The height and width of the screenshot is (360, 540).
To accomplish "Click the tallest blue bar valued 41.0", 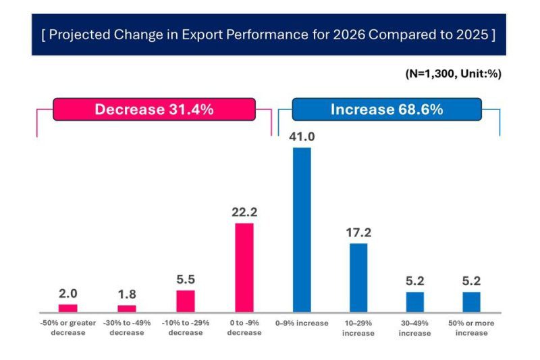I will coord(302,230).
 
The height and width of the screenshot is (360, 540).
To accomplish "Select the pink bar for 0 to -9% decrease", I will coord(244,267).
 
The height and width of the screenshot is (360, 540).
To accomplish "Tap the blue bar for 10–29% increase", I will coord(358,278).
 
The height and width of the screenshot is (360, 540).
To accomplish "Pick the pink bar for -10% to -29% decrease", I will coord(186,301).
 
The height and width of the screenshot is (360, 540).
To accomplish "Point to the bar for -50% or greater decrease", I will coord(68,308).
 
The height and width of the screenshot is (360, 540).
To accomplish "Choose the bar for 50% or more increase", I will coord(471,302).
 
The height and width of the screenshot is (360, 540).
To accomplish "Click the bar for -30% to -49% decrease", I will coord(127,309).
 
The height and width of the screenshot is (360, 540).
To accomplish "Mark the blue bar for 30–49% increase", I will coord(414,302).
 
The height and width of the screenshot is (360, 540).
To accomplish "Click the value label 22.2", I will coord(244,212).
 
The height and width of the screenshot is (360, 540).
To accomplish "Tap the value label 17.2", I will coord(358,232).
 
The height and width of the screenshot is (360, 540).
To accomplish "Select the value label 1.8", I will coord(127,294).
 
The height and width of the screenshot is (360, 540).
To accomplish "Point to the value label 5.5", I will coord(186,280).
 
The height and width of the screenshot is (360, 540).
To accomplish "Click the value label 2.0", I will coord(68,293).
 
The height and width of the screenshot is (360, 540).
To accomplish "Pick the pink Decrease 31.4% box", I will coord(154,109).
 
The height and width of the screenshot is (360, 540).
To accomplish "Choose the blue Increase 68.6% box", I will coord(386,109).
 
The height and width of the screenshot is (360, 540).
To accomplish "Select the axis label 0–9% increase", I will coord(302,324).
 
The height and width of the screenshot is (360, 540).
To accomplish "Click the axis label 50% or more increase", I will coord(471,328).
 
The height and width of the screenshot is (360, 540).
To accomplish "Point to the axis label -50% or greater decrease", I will coord(68,328).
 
